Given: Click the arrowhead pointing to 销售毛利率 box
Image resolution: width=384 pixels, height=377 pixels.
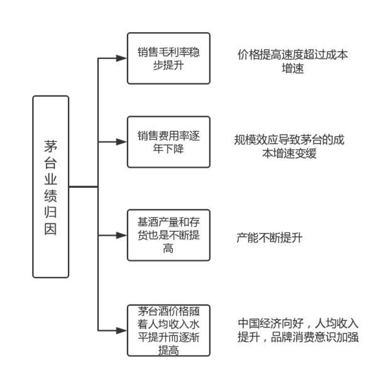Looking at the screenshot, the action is [x=121, y=58].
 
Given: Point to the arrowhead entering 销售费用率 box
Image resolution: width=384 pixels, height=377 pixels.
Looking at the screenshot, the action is [x=121, y=142].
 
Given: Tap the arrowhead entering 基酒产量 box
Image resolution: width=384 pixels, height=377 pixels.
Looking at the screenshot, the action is [x=121, y=236].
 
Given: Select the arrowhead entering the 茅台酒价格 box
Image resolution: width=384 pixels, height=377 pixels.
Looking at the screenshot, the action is [x=121, y=331].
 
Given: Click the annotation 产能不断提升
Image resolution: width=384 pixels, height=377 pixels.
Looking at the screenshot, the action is [x=270, y=238].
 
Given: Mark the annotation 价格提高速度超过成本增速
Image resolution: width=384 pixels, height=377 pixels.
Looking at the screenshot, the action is [x=293, y=62].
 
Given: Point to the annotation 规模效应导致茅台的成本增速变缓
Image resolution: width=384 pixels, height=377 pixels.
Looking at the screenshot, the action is [x=289, y=146].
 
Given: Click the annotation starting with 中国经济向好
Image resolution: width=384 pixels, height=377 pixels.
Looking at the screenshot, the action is [x=298, y=330].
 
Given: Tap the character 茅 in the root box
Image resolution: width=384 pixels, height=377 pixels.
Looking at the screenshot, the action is [x=51, y=146].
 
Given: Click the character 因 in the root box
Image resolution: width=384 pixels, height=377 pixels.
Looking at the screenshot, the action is [x=51, y=229].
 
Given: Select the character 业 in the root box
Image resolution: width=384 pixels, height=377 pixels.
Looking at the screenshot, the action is [x=51, y=180].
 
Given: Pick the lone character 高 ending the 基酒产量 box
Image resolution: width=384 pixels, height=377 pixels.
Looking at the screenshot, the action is [x=168, y=248].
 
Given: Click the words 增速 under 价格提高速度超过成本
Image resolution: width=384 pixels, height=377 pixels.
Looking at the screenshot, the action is [x=293, y=68].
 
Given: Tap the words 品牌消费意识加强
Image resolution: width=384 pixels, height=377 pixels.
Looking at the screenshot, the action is [x=315, y=337].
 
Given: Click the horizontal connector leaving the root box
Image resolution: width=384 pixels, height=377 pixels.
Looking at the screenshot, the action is [x=84, y=187].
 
